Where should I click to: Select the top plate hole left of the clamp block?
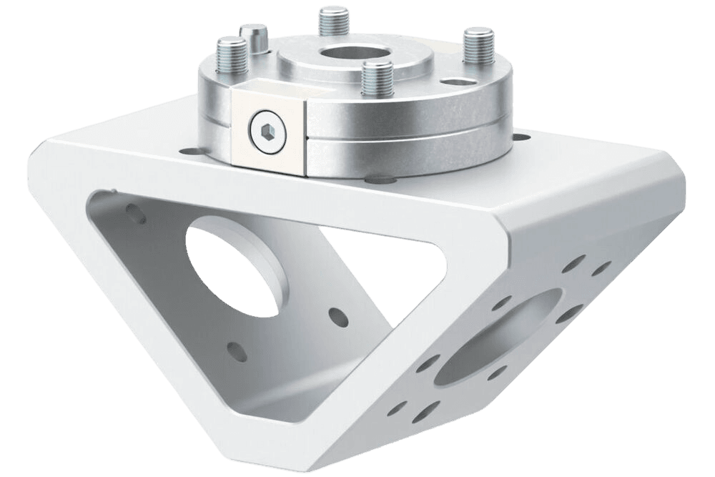(x=192, y=151)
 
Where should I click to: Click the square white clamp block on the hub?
(x=268, y=129)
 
